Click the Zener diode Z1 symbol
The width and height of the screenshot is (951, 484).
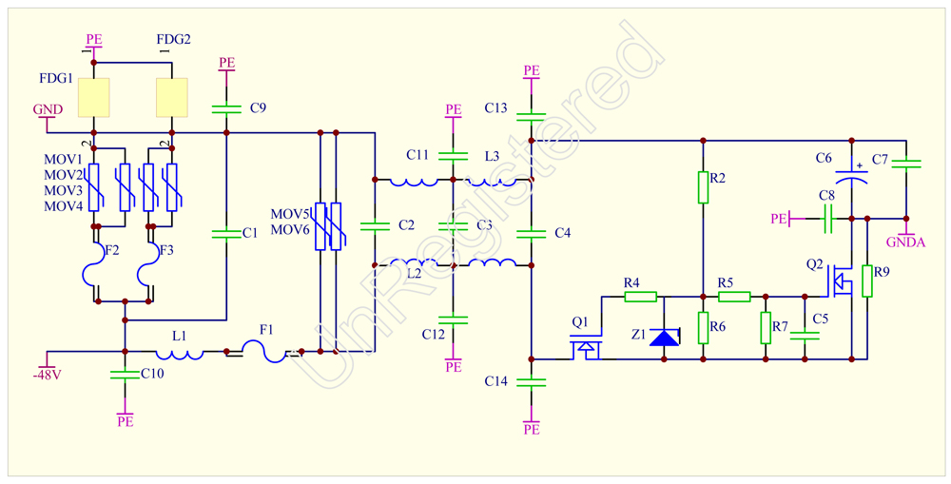pos(664,337)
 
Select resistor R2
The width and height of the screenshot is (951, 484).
pos(703,187)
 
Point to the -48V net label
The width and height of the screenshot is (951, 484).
pos(48,375)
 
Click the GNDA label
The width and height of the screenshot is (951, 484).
pos(906,242)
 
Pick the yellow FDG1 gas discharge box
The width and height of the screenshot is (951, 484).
pos(94,97)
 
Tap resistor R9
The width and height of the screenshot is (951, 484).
pos(867,281)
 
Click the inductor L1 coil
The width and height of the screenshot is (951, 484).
pos(180,353)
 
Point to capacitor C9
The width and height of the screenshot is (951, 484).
pos(225,108)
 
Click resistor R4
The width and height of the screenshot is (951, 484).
pos(640,297)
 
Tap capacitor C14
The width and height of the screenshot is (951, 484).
pos(532,381)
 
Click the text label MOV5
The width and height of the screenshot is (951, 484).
pos(290,214)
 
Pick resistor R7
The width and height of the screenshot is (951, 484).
pos(766,327)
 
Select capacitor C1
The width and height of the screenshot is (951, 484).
pos(225,234)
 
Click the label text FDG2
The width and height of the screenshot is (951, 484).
pos(173,40)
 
